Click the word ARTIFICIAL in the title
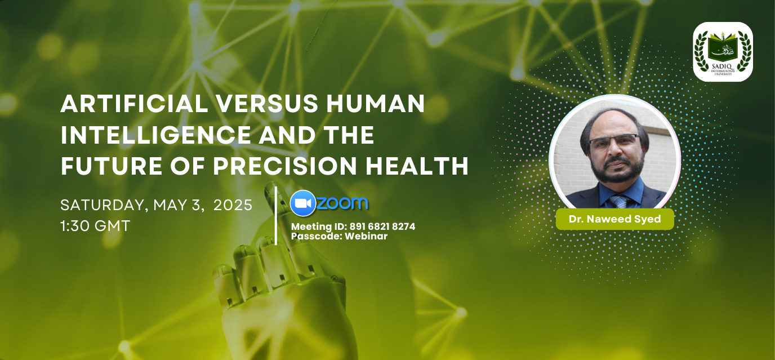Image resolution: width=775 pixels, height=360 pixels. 134,104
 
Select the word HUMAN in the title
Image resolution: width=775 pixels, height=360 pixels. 376,104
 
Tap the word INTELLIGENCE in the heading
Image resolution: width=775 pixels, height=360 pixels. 155,135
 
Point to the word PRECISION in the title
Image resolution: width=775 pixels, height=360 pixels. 285,166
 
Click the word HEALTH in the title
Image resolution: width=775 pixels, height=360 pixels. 417,166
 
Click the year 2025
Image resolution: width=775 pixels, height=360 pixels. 233,205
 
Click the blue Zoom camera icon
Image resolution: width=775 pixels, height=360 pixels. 303,203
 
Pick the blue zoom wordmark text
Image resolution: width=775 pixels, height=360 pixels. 342,203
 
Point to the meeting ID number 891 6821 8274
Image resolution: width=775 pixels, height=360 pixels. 382,226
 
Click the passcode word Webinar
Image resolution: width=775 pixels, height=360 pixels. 366,236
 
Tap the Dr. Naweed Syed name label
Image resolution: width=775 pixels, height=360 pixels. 615,219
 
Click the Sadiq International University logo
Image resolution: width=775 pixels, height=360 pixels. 723,52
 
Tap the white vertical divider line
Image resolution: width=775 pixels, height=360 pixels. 276,216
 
